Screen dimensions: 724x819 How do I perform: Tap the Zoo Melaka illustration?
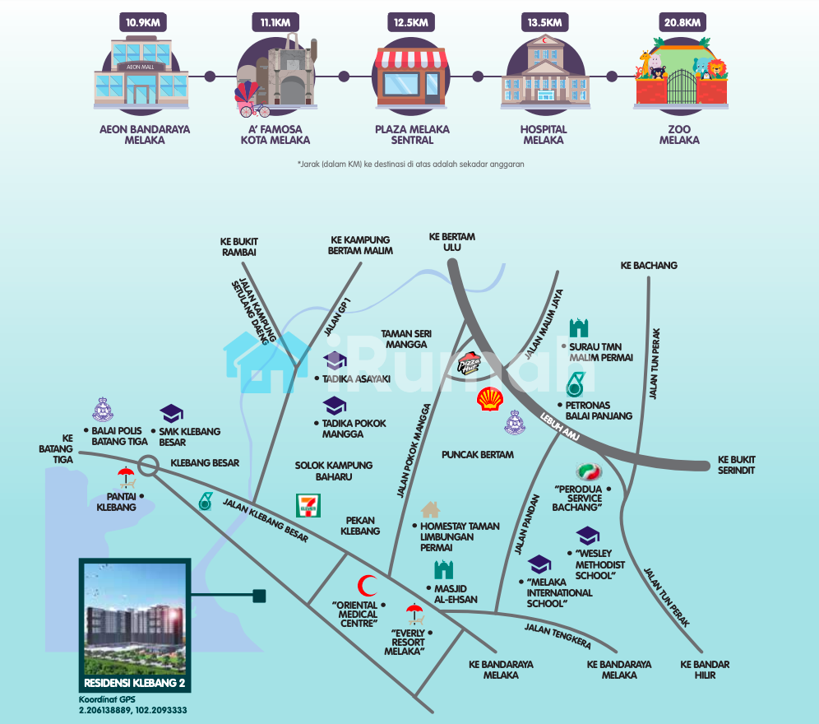(x=681, y=78)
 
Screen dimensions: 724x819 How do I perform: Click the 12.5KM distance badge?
(x=409, y=22)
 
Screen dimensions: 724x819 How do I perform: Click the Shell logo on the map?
(x=490, y=399)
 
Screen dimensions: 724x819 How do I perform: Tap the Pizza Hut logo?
(x=470, y=361)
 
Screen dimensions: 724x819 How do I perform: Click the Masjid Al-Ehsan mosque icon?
(x=444, y=569)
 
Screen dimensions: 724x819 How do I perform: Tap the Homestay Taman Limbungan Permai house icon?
(x=430, y=510)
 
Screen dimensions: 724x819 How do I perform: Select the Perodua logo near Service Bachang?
(x=589, y=471)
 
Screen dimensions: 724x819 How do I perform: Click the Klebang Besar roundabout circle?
(x=149, y=465)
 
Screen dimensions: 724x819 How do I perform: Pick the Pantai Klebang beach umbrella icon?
(x=126, y=477)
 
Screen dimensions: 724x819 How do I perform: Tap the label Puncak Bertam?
(x=477, y=455)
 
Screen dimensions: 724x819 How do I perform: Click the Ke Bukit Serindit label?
(x=736, y=465)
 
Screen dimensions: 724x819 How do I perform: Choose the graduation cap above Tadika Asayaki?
(x=335, y=360)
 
